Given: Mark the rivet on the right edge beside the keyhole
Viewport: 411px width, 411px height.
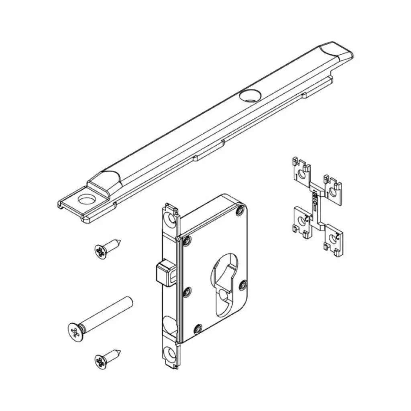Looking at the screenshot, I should [242, 285].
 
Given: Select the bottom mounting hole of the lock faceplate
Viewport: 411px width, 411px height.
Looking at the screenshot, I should [171, 353].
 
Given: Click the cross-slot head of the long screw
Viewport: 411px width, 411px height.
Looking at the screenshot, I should [75, 332].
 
